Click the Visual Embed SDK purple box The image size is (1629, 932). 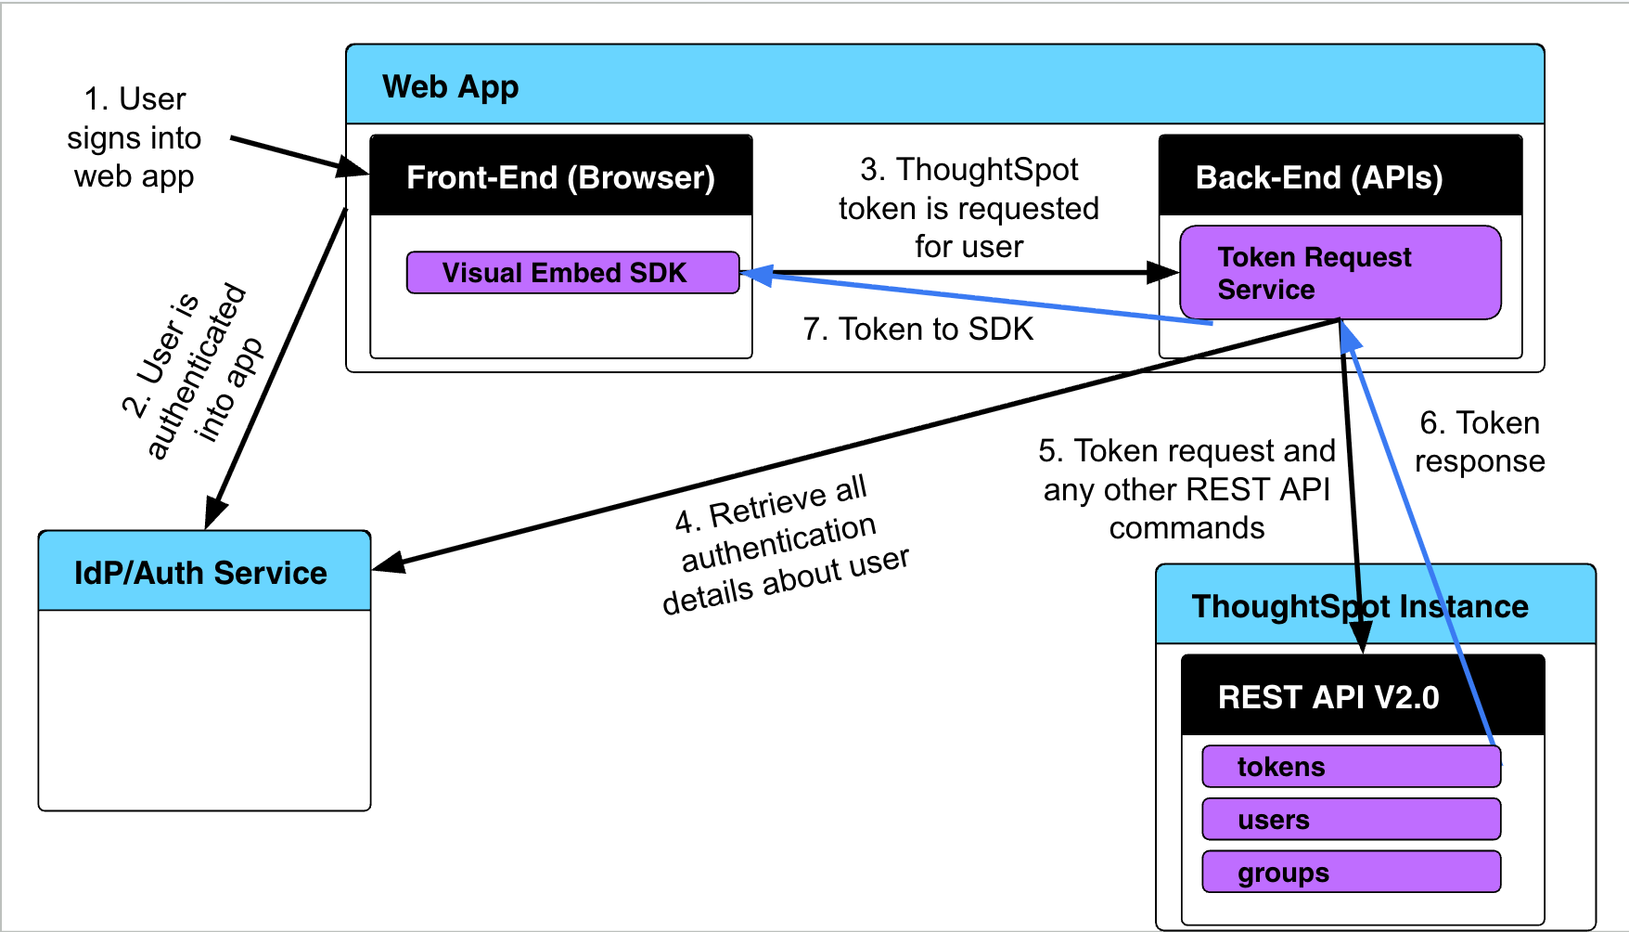click(572, 273)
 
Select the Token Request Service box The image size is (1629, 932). click(1339, 273)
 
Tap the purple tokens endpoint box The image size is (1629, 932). click(1350, 767)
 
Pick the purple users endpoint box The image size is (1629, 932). click(1350, 820)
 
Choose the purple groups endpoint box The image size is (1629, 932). click(1350, 873)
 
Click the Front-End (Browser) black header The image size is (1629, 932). click(560, 176)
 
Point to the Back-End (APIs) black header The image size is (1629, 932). click(1340, 176)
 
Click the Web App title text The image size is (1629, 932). click(450, 86)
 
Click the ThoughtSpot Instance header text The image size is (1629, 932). click(1359, 606)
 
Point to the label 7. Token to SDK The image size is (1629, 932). click(917, 330)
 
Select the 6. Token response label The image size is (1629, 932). click(1479, 442)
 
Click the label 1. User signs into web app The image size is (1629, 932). click(135, 137)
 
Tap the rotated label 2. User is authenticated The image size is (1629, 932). click(192, 371)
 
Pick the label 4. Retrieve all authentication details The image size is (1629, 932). click(784, 546)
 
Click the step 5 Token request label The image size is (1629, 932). click(1186, 489)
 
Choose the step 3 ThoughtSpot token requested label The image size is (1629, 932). click(968, 208)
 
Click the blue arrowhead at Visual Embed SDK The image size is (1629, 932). click(756, 275)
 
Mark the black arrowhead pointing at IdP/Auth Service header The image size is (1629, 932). click(388, 562)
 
